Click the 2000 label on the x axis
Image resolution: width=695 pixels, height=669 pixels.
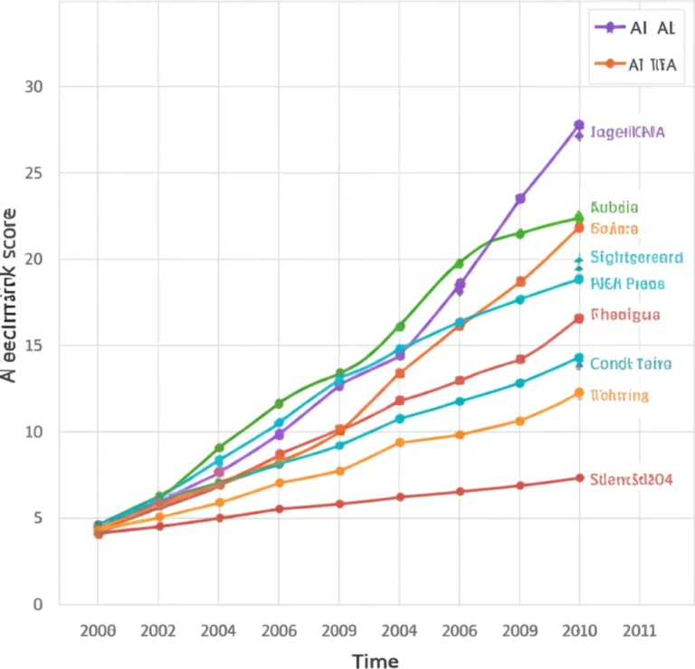[98, 631]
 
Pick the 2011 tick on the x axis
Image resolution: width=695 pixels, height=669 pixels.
[639, 631]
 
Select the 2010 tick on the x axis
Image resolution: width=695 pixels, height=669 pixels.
[579, 631]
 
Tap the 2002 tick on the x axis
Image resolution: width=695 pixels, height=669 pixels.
[158, 631]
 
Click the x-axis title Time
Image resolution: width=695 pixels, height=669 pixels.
[375, 662]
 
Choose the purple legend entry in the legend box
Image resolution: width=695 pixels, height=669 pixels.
[634, 27]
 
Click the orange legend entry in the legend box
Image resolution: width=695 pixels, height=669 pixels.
[634, 64]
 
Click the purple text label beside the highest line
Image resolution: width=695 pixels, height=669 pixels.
[627, 132]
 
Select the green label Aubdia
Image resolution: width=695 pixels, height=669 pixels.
[614, 207]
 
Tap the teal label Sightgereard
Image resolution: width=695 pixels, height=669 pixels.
[636, 258]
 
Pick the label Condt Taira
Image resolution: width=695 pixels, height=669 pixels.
[631, 364]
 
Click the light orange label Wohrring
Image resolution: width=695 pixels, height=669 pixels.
[619, 395]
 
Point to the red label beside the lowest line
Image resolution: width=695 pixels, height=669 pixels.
[631, 479]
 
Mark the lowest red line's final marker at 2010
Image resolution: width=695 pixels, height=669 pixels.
[579, 477]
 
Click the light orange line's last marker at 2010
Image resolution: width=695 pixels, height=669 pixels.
[579, 393]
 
